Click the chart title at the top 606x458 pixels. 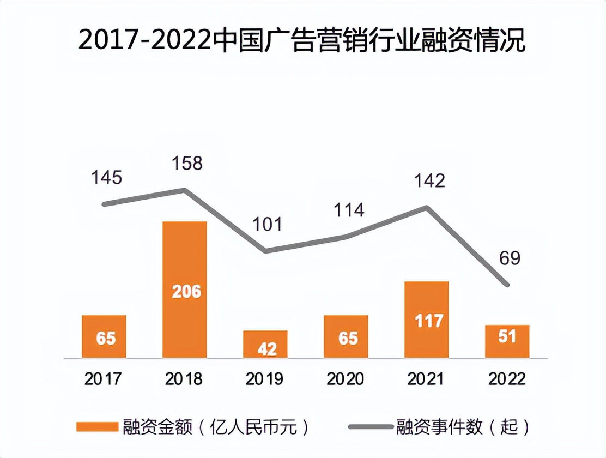click(x=302, y=41)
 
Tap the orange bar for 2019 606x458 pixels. click(x=265, y=345)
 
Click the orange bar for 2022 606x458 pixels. click(x=507, y=342)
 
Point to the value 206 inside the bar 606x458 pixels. click(x=186, y=292)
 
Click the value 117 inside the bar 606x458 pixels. click(x=428, y=320)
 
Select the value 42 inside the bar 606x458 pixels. click(x=266, y=349)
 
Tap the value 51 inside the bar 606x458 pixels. click(x=507, y=336)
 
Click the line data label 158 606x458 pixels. click(x=187, y=163)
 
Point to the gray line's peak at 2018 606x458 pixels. click(x=185, y=190)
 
